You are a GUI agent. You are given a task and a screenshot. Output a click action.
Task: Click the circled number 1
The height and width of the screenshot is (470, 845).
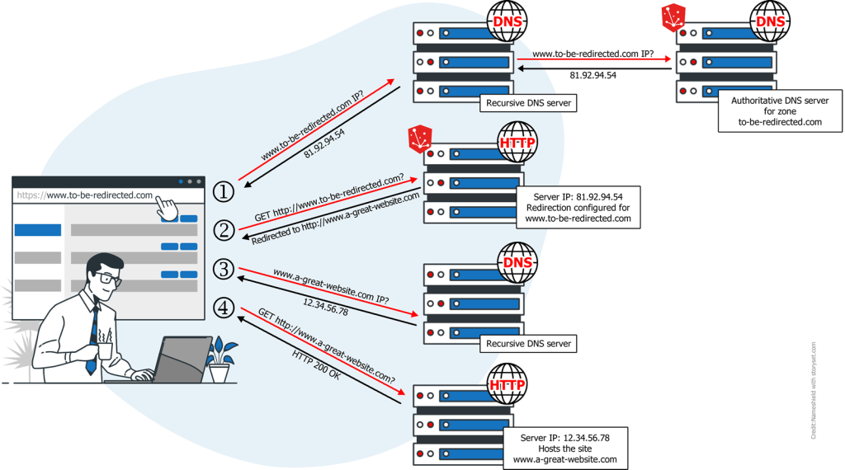coord(224,191)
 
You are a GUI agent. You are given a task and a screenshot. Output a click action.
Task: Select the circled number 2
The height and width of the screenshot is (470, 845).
coord(224,230)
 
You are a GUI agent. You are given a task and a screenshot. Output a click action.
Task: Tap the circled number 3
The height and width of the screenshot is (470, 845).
coord(224,269)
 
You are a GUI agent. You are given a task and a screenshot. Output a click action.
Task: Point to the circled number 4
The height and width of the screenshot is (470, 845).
coord(224,308)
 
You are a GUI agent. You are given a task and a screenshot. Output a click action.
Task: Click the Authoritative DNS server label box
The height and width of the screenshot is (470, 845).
coord(781,111)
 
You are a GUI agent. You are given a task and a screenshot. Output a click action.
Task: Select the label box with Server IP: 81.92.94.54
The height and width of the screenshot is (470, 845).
coord(578,207)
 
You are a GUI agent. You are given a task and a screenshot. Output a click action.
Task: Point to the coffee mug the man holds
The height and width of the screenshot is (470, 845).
coord(106,349)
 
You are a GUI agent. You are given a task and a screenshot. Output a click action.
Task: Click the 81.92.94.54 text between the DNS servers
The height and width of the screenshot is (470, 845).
coord(593,75)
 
